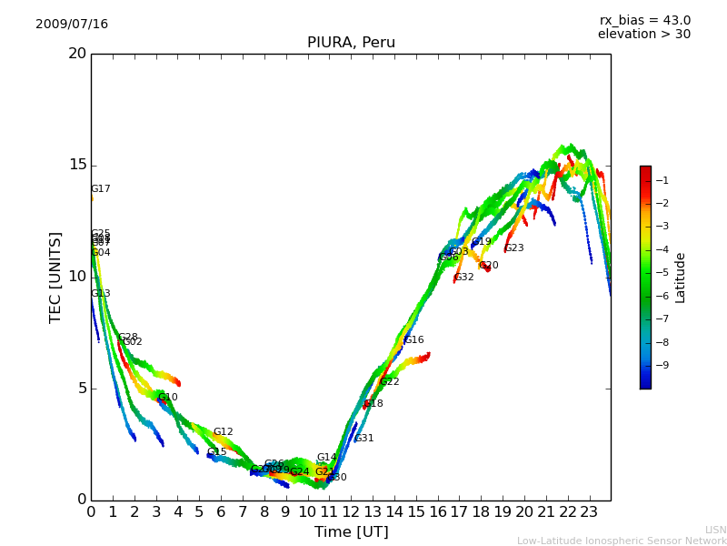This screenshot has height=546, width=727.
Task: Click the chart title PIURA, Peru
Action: [351, 43]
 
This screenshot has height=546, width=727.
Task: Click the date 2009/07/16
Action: [72, 25]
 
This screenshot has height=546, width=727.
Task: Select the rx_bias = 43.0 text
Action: [644, 21]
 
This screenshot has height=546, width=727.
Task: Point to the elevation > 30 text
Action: [643, 35]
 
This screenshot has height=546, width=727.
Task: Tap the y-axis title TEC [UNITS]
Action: [55, 277]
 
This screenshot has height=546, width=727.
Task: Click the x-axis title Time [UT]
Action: [351, 532]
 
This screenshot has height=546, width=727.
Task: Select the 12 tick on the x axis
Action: [351, 512]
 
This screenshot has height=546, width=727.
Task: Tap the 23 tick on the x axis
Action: [589, 512]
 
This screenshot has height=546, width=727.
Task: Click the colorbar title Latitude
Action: [681, 278]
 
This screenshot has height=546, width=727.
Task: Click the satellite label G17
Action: [100, 189]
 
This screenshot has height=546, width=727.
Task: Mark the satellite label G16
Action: [414, 340]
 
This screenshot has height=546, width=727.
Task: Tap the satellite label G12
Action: [224, 432]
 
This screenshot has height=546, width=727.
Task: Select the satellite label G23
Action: [514, 248]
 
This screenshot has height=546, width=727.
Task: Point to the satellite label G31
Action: [364, 439]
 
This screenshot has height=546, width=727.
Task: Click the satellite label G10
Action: [168, 398]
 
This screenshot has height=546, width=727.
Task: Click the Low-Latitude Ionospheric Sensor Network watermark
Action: [622, 541]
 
